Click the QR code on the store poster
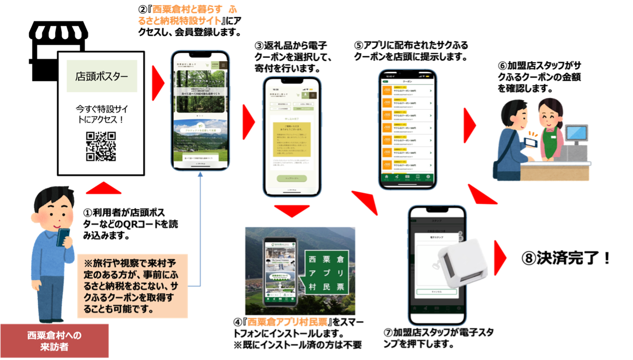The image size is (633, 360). [x=101, y=146]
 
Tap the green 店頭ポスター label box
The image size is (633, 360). [x=102, y=76]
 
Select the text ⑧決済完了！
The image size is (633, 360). [x=566, y=258]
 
